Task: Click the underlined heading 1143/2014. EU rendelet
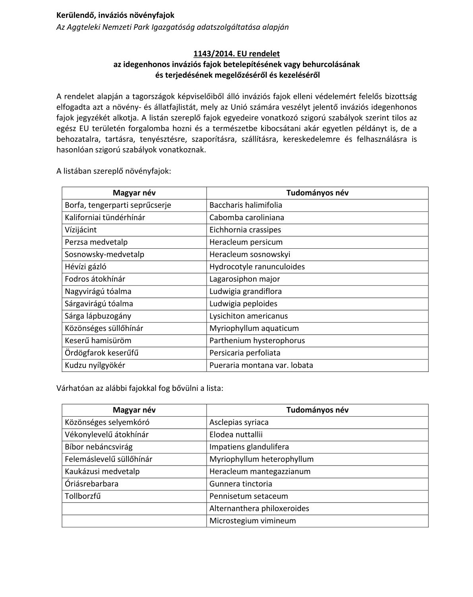pos(236,54)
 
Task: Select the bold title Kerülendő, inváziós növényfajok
pos(115,15)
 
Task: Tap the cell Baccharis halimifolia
pos(246,205)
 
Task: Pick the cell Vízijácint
pos(81,230)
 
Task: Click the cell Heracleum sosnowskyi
pos(250,254)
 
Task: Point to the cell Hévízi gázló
pos(85,267)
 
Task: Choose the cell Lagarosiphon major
pos(244,279)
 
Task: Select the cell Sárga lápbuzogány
pos(98,316)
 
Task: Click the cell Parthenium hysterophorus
pos(257,340)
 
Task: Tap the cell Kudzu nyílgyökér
pos(95,365)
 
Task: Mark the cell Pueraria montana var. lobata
pos(261,365)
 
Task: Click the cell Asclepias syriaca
pos(239,422)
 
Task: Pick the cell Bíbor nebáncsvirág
pos(99,447)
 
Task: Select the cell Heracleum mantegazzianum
pos(260,471)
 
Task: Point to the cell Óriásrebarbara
pos(91,484)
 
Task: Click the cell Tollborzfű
pos(83,496)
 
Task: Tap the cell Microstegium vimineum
pos(252,521)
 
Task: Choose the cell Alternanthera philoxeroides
pos(259,508)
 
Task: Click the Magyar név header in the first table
pos(134,193)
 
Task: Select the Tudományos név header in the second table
pos(317,410)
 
